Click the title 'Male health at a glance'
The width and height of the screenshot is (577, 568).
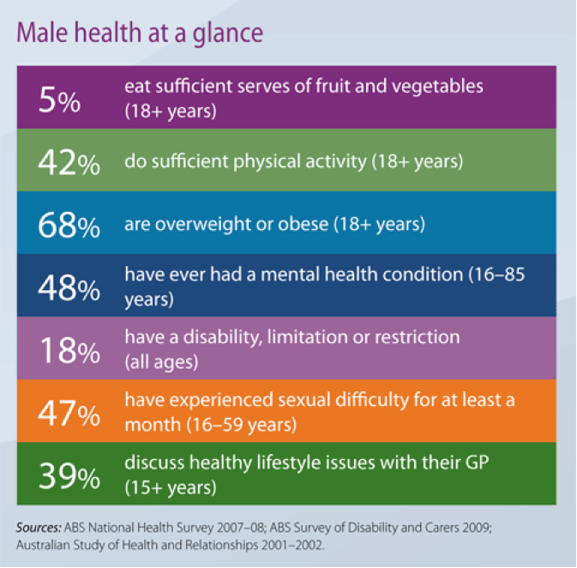tap(140, 32)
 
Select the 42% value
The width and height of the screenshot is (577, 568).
tap(69, 163)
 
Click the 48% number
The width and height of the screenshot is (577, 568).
tap(69, 287)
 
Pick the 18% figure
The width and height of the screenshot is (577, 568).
tap(69, 350)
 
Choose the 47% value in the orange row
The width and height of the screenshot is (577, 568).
tap(69, 412)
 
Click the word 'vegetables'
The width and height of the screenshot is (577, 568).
tap(441, 87)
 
